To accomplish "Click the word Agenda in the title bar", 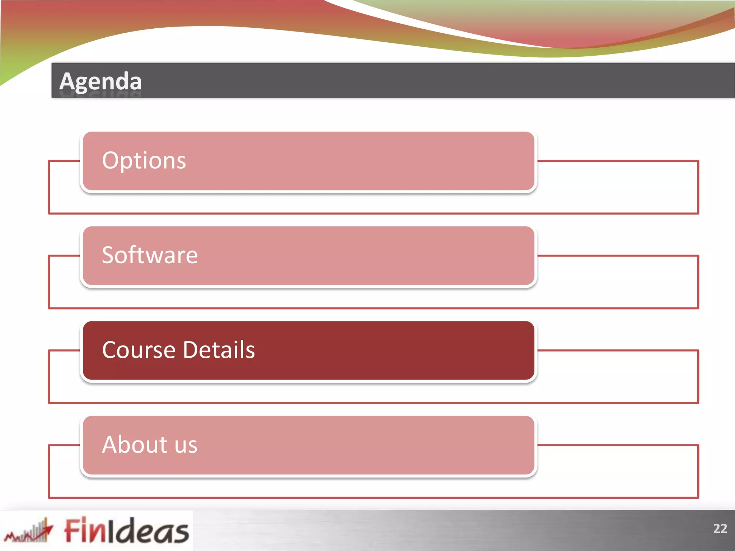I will [x=100, y=81].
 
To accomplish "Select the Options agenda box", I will [x=308, y=161].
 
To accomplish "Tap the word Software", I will [x=150, y=255].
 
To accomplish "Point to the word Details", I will [x=219, y=350].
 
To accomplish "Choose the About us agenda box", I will [x=308, y=445].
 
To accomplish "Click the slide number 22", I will [x=720, y=528].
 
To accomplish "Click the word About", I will [x=135, y=445].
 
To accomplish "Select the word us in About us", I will [x=186, y=446].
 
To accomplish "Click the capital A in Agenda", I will [x=67, y=81].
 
